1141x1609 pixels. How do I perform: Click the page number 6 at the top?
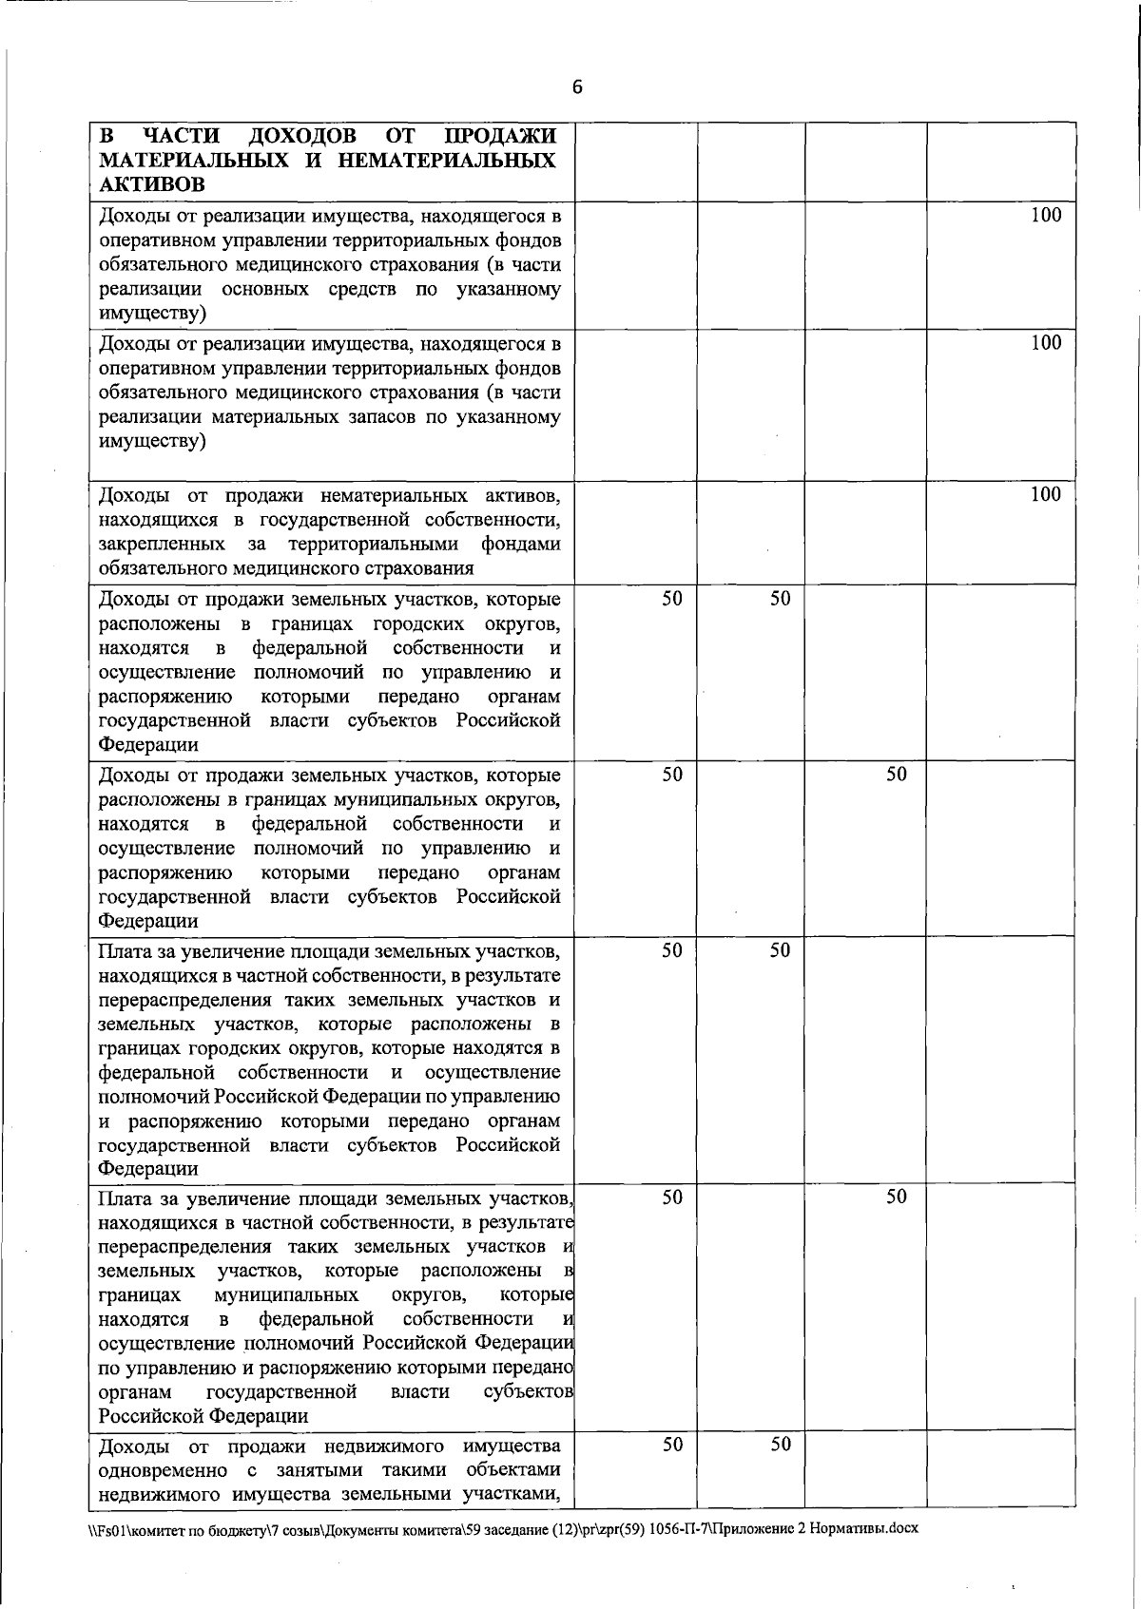pos(576,87)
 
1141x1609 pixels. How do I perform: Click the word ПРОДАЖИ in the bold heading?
pos(501,136)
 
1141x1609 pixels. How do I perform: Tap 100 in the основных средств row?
pos(1046,215)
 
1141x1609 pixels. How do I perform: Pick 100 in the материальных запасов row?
pos(1046,343)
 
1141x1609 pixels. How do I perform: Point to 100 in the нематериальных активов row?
pos(1046,494)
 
